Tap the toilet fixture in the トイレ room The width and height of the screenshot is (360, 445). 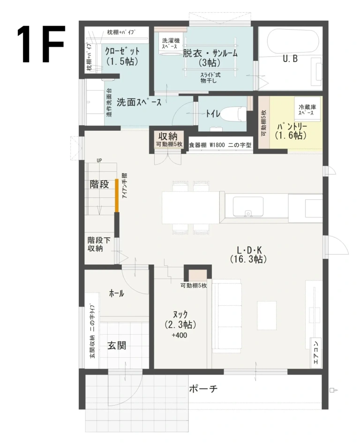(x=235, y=113)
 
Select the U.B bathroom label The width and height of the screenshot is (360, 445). (x=290, y=59)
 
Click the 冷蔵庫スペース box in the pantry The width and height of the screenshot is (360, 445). (x=307, y=110)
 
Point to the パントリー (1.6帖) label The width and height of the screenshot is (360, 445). (x=291, y=131)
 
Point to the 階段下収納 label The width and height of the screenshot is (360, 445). (x=99, y=244)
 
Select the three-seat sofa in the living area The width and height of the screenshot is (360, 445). (x=227, y=316)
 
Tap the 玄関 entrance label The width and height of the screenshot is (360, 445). (x=117, y=346)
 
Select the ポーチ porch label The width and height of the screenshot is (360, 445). (x=203, y=389)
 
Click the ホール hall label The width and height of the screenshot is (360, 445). (x=116, y=294)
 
